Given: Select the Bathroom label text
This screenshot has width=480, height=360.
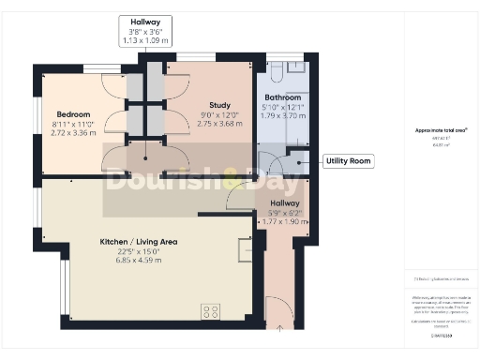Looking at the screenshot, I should point(281,97).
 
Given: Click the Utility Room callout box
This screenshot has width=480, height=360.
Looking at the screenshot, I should point(349,161).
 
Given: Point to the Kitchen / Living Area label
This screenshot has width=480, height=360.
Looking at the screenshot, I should point(139,242).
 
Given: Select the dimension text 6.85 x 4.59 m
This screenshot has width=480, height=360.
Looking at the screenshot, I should point(138,260).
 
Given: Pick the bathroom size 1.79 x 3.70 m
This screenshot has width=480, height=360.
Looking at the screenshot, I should point(281,115).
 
